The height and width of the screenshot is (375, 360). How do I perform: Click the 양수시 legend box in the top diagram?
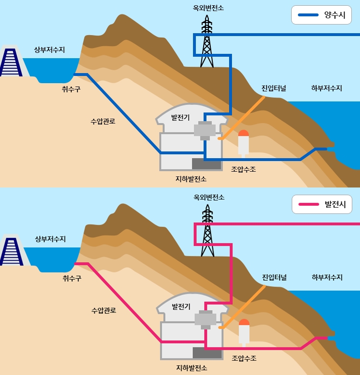321,15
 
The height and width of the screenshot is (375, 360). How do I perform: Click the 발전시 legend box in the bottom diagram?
321,204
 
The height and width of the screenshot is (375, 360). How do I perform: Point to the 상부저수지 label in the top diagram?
50,50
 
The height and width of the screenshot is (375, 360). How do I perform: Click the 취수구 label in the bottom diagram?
72,278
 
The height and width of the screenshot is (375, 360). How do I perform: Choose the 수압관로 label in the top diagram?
103,121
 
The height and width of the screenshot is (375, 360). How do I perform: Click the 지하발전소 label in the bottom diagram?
192,368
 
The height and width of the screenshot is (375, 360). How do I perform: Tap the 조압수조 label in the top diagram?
244,169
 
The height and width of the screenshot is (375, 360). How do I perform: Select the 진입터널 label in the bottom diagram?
274,277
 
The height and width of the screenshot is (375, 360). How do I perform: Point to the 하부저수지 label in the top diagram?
327,88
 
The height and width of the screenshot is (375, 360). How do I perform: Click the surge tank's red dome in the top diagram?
244,134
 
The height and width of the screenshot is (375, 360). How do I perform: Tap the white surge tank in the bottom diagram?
244,335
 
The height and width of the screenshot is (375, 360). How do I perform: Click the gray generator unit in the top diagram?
205,129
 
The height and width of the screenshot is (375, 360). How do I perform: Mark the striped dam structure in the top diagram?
11,62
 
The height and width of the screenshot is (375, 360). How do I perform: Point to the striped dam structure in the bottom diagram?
11,251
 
